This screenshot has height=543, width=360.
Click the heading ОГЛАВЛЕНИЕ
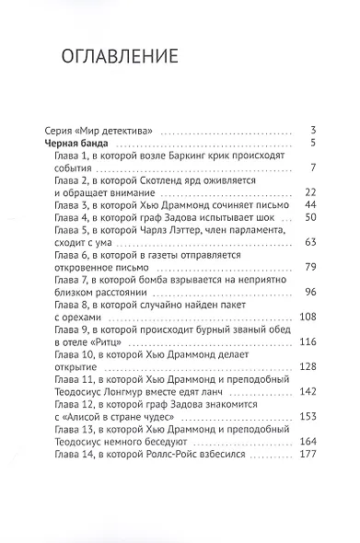tap(117, 57)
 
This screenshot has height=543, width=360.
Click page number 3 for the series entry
tap(314, 129)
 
